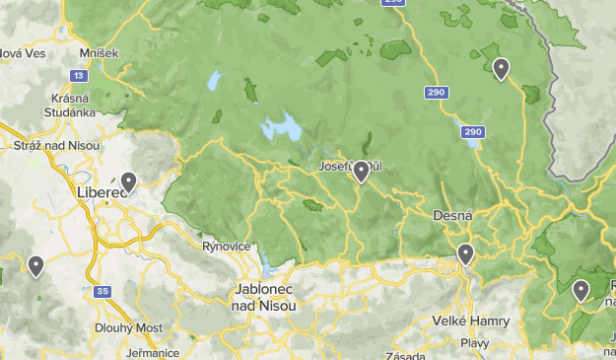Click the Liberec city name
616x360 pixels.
click(x=102, y=192)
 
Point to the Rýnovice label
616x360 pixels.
click(x=223, y=247)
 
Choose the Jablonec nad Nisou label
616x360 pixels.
click(x=266, y=297)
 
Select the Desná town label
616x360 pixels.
click(x=453, y=215)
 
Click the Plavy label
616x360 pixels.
click(x=475, y=342)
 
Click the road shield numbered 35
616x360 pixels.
click(x=103, y=291)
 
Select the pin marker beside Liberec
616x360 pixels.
click(x=128, y=181)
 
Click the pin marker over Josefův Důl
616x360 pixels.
click(x=362, y=172)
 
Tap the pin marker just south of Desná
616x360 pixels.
click(x=465, y=253)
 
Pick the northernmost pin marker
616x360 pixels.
click(x=501, y=68)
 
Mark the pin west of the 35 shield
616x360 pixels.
click(x=36, y=265)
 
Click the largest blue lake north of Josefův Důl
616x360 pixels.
click(x=281, y=128)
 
